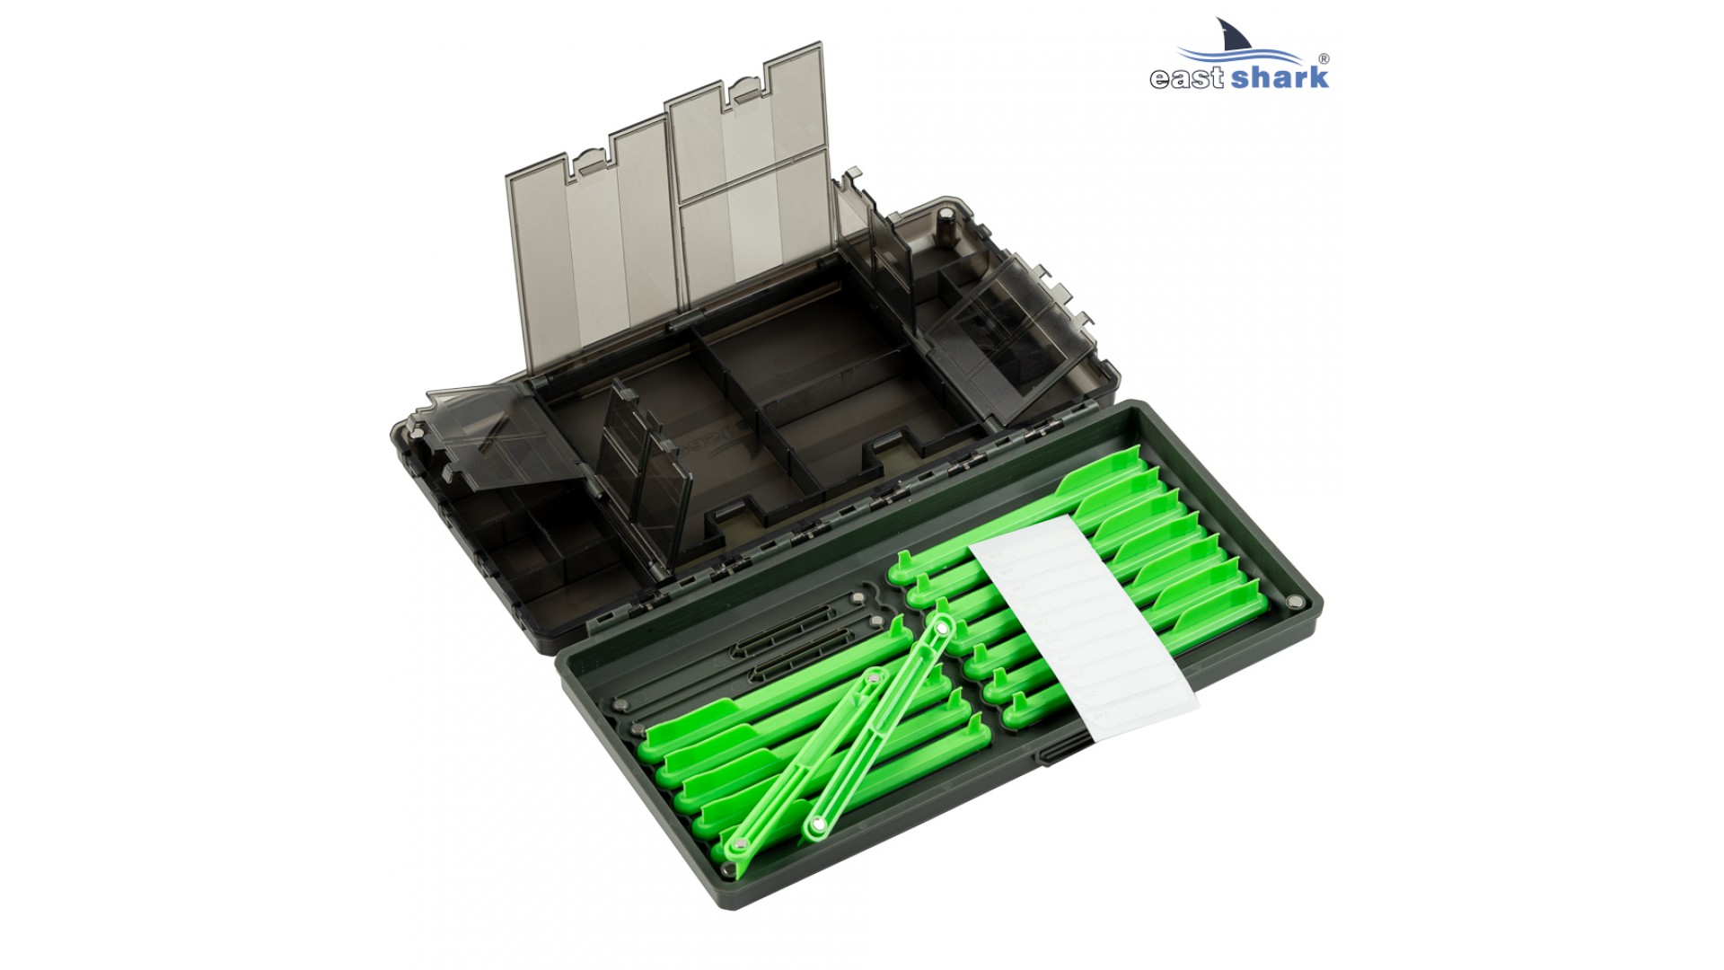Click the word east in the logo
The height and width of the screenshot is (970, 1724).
[x=1186, y=78]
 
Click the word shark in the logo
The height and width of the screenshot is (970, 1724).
[x=1279, y=75]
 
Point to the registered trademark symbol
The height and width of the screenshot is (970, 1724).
[x=1325, y=59]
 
